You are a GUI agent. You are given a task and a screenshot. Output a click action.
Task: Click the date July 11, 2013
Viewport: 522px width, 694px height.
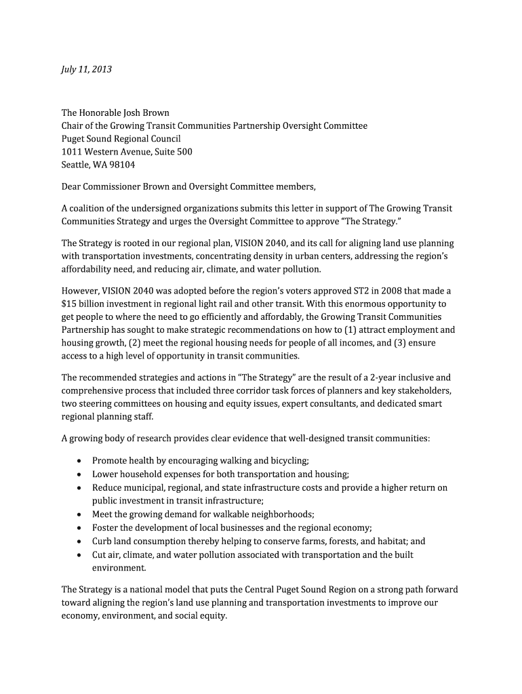point(87,69)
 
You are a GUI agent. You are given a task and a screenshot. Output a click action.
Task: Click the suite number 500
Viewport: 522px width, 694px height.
point(184,152)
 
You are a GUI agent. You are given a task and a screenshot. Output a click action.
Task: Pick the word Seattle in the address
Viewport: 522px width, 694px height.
point(75,165)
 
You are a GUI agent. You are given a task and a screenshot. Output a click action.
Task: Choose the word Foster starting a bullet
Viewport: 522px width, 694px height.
point(106,528)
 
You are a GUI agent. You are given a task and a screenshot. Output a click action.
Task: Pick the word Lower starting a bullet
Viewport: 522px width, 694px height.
point(105,474)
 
